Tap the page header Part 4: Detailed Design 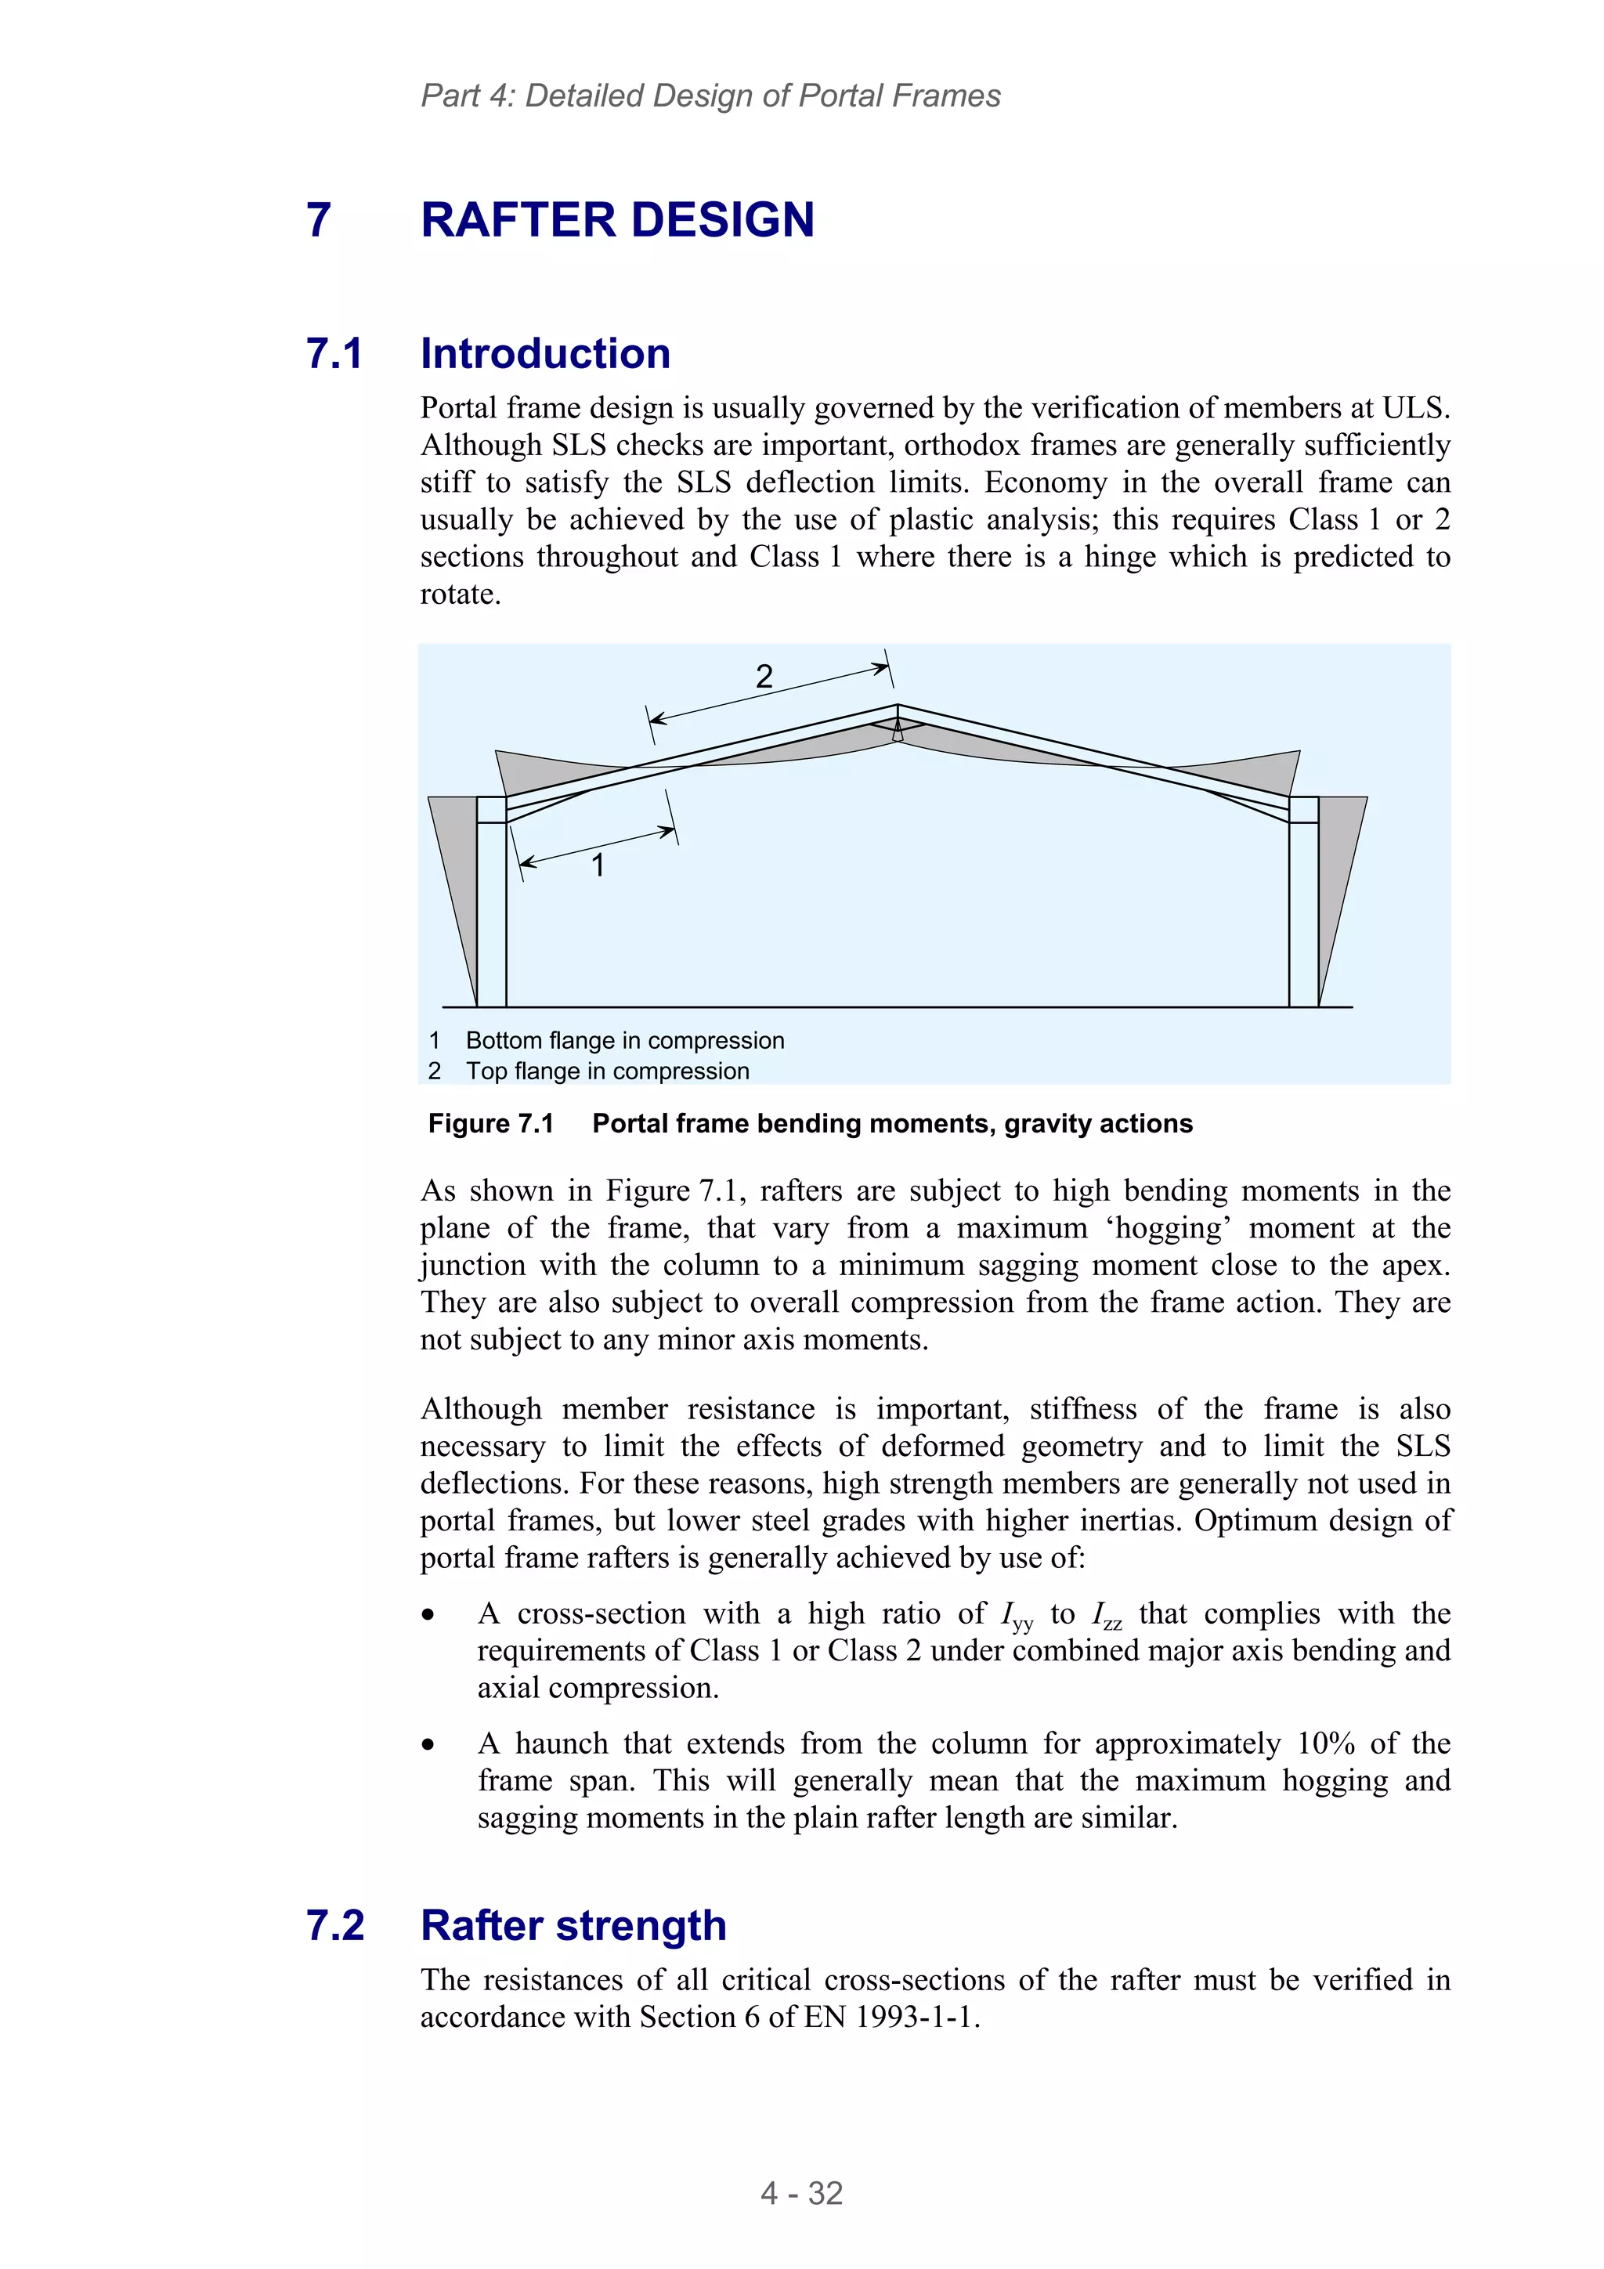[710, 96]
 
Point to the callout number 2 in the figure [763, 677]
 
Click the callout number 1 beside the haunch [597, 865]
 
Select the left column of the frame [491, 909]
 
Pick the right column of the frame [1302, 909]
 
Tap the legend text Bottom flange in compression [624, 1041]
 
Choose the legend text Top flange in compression [607, 1071]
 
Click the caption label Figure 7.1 [490, 1124]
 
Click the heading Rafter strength [573, 1925]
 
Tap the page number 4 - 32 [800, 2193]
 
